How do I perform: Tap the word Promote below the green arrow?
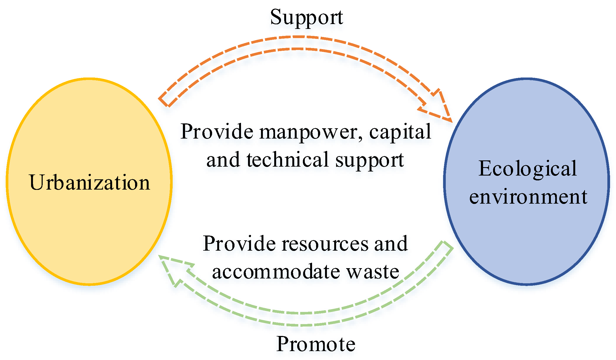pos(316,344)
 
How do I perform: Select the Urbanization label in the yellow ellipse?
pos(89,182)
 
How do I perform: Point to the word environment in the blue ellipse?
pos(528,197)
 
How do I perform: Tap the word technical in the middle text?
pos(287,160)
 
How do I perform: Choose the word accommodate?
pos(276,272)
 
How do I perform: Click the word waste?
pos(373,272)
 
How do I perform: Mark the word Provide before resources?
pos(239,244)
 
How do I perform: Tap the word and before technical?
pos(223,160)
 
